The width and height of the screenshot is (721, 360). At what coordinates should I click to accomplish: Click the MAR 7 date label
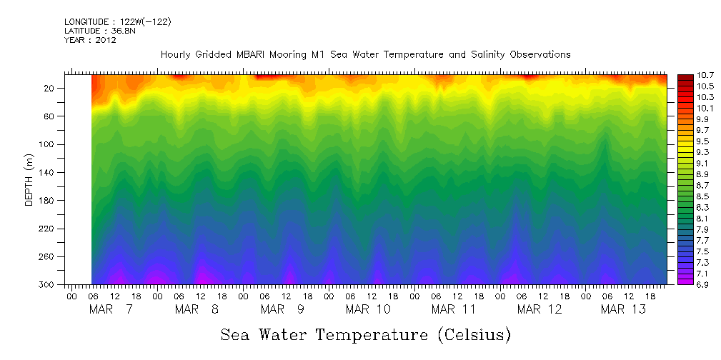(111, 309)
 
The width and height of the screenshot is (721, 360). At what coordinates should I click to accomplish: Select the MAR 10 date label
(368, 309)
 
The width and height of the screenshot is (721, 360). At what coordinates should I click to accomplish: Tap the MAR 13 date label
(623, 309)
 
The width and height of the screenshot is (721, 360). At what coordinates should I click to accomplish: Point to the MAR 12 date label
(539, 309)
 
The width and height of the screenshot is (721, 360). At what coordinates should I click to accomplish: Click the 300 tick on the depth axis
(49, 284)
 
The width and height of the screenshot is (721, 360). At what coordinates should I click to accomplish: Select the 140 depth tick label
(49, 172)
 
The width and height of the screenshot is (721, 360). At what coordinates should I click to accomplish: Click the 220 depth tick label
(49, 229)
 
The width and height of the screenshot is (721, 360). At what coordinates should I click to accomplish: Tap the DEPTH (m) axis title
(29, 179)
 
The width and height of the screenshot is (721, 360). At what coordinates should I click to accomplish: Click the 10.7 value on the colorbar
(692, 75)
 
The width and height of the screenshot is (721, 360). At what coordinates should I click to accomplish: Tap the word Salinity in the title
(489, 55)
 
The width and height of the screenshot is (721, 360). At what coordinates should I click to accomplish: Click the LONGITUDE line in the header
(118, 21)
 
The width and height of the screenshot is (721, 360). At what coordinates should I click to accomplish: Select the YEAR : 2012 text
(91, 40)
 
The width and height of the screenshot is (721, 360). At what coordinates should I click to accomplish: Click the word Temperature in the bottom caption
(371, 334)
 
